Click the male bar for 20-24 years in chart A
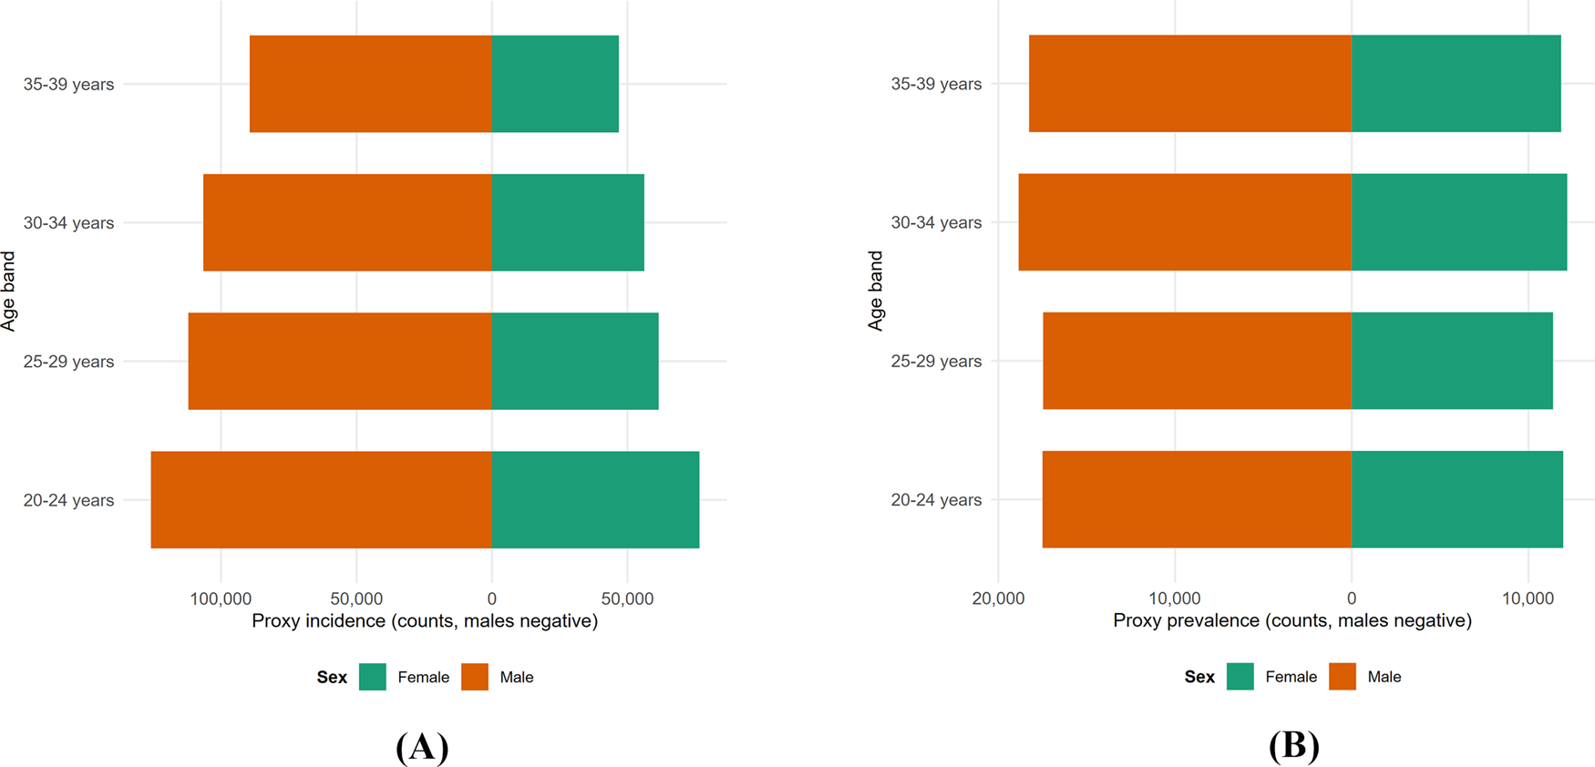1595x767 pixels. tap(321, 499)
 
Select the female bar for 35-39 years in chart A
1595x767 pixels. tap(555, 84)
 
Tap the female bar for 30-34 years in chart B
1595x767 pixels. tap(1458, 222)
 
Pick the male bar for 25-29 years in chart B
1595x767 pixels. tap(1197, 361)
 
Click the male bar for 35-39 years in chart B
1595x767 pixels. tap(1189, 84)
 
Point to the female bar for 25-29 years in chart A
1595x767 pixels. tap(575, 361)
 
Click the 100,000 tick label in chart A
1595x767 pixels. tap(221, 598)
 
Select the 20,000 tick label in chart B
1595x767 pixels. tap(998, 598)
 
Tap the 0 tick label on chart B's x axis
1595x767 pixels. tap(1351, 598)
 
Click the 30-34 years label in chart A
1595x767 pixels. tap(68, 223)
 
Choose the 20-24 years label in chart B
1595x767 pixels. tap(936, 500)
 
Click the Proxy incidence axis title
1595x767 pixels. tap(425, 621)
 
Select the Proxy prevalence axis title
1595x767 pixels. tap(1291, 621)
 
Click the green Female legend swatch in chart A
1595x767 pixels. tap(373, 677)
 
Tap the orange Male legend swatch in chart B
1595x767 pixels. tap(1343, 677)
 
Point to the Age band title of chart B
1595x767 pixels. tap(876, 291)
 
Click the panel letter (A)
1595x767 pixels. tap(422, 746)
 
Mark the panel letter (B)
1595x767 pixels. tap(1293, 746)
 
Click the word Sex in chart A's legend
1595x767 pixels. tap(332, 677)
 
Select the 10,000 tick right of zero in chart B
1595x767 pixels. tap(1528, 598)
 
